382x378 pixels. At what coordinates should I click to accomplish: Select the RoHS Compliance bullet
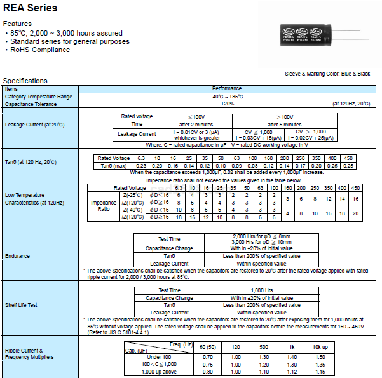pyautogui.click(x=40, y=50)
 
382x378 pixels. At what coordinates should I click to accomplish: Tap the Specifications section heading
pyautogui.click(x=25, y=81)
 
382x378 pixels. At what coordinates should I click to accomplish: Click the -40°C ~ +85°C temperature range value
pyautogui.click(x=227, y=96)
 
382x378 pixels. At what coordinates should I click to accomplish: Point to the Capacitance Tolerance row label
pyautogui.click(x=32, y=104)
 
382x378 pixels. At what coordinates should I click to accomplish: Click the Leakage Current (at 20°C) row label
pyautogui.click(x=34, y=125)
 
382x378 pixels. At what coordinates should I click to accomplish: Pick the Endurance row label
pyautogui.click(x=18, y=257)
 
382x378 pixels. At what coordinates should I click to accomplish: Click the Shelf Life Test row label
pyautogui.click(x=22, y=305)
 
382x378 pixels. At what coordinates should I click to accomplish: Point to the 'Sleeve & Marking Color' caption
pyautogui.click(x=327, y=74)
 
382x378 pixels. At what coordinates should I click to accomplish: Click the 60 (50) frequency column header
pyautogui.click(x=207, y=346)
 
